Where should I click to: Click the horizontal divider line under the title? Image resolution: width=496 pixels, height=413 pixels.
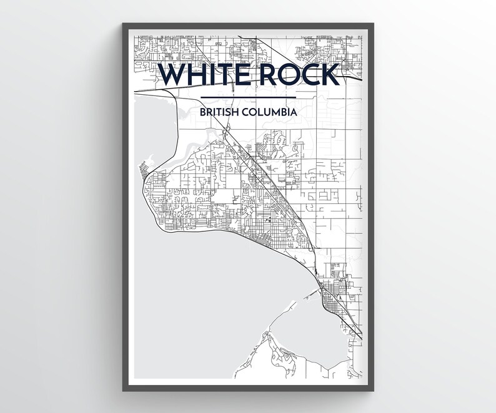[249, 97]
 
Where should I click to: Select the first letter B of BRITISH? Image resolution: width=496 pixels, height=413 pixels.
[203, 113]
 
